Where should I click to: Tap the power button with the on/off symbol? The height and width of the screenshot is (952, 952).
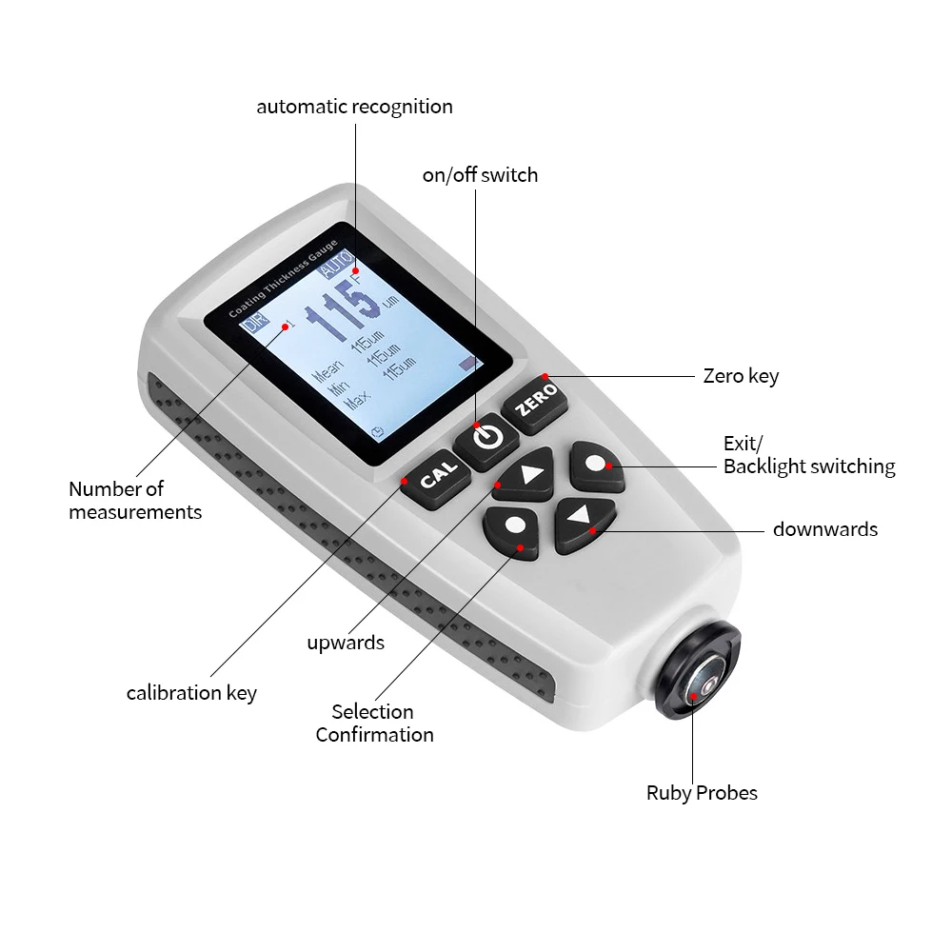point(486,438)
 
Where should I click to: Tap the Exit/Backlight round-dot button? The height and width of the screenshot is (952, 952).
point(596,465)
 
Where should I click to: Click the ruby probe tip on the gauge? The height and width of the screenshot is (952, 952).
point(704,683)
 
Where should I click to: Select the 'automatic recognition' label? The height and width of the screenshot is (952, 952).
point(354,107)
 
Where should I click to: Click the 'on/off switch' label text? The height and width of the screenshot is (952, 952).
point(480,175)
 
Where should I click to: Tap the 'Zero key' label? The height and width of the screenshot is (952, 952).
point(741,376)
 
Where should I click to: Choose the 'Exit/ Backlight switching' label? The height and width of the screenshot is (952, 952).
point(808,455)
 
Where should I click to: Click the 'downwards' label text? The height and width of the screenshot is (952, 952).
point(824,529)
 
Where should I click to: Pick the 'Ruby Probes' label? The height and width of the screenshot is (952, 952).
point(702,793)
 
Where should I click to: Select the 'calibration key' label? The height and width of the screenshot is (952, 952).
point(191,693)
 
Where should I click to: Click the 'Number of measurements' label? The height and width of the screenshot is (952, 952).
point(135,501)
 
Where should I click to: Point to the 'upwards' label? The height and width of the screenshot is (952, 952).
point(346,643)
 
